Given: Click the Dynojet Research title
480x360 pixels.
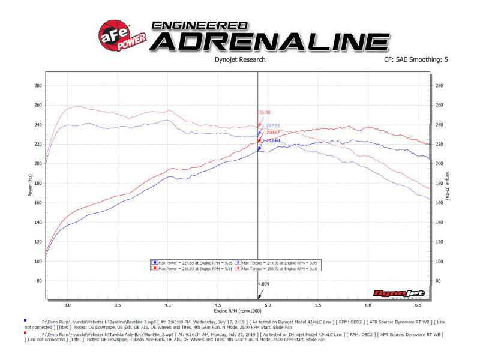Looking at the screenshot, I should [239, 60].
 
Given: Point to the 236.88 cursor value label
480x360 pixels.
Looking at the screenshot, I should [263, 112].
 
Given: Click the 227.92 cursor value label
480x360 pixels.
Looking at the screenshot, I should [274, 126].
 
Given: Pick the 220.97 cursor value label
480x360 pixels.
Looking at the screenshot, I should [274, 133].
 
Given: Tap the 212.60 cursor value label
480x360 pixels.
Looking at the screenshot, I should [274, 140].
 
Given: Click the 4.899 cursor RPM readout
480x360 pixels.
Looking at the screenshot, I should [263, 283].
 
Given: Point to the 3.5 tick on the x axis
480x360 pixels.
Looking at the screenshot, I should [118, 305].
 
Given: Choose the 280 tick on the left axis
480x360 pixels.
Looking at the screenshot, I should [38, 86].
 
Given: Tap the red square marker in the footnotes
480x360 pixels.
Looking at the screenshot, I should [25, 332].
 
